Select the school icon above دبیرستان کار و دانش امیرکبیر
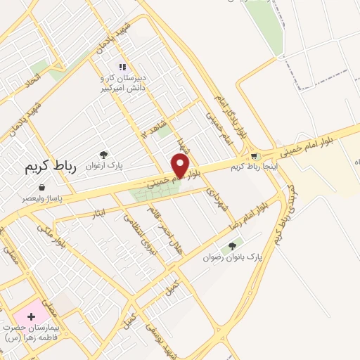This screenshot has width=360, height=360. [x=122, y=67]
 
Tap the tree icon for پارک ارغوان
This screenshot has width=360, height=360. [x=104, y=154]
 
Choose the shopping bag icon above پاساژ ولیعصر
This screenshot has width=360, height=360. [x=42, y=188]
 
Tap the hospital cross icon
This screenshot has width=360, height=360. [x=31, y=316]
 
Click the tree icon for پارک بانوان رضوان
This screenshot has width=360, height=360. [x=232, y=246]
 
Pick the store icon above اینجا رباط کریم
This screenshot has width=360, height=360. [x=254, y=155]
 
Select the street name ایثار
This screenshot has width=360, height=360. [x=99, y=212]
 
